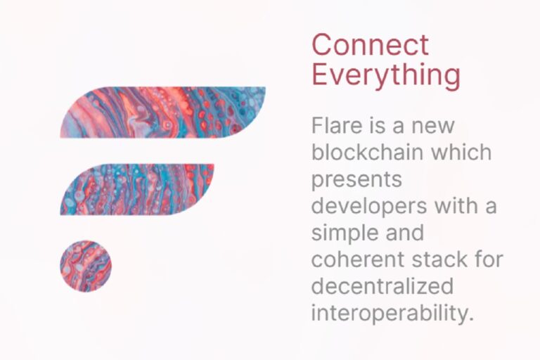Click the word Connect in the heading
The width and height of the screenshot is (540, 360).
[370, 45]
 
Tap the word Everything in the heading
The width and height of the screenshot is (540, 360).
[386, 75]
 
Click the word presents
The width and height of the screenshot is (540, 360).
[356, 180]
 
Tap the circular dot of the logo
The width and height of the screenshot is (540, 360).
[86, 266]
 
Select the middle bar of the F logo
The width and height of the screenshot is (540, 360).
[137, 188]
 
